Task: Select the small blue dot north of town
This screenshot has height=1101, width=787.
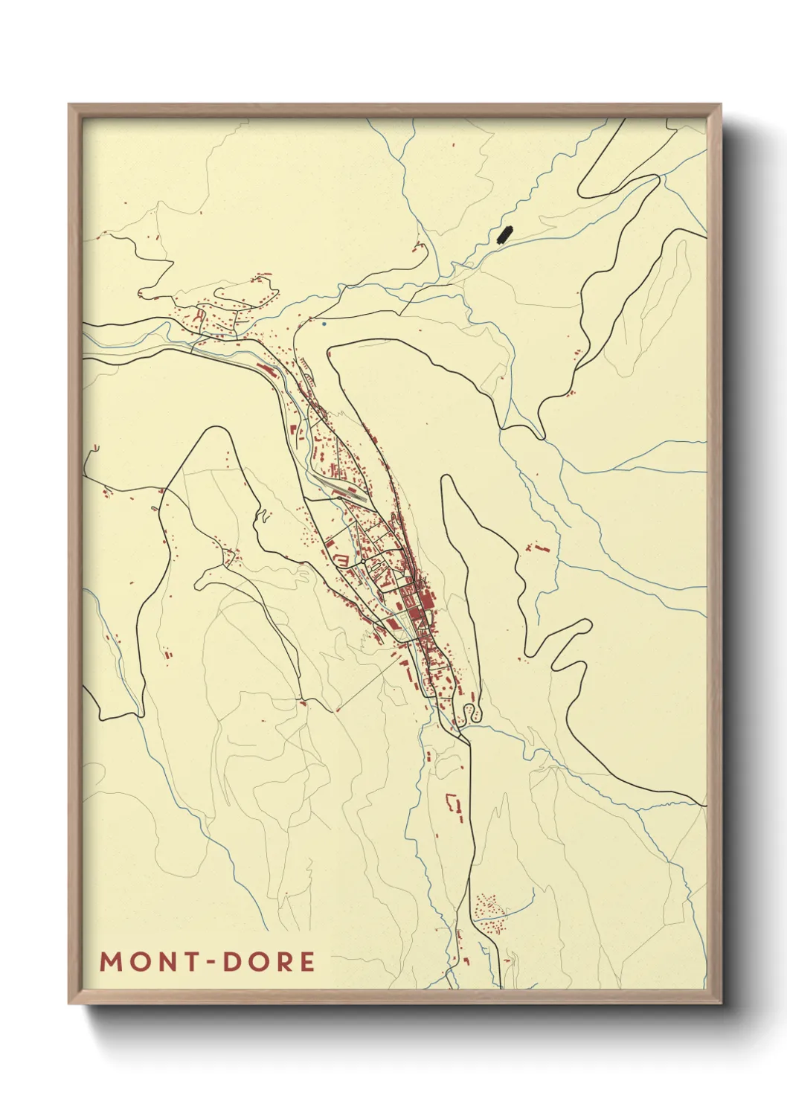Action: tap(324, 324)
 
